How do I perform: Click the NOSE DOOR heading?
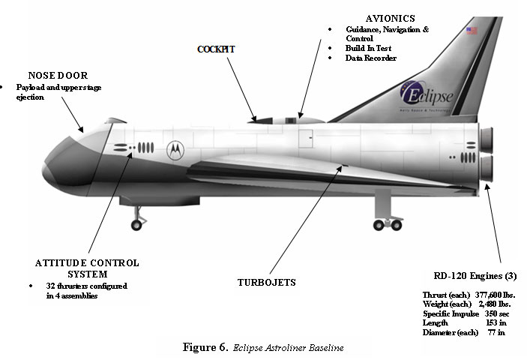(x=58, y=75)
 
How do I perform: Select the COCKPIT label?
(x=216, y=49)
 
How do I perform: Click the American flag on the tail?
(x=472, y=31)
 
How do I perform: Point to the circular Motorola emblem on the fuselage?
(x=175, y=148)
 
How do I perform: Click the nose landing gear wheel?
(x=136, y=223)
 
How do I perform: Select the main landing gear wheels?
(x=387, y=223)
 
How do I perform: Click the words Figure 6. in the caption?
(x=205, y=348)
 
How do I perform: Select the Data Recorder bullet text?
(x=371, y=58)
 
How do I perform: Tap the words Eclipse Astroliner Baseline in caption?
(x=289, y=349)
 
